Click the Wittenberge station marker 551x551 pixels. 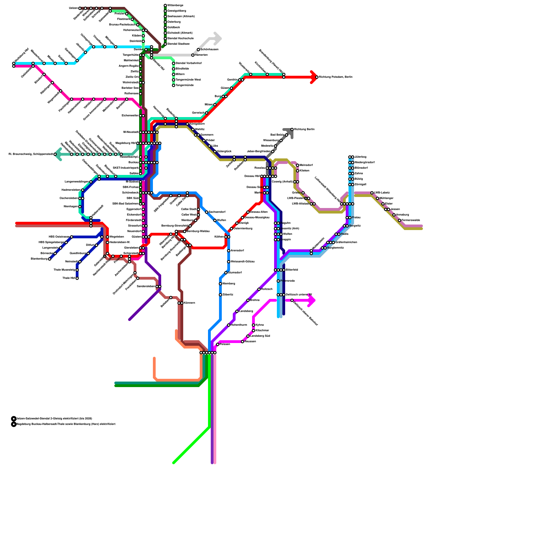tap(165, 6)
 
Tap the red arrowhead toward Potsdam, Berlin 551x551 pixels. tap(314, 77)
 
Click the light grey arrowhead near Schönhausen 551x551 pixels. tap(217, 38)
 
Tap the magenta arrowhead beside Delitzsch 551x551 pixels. tap(311, 301)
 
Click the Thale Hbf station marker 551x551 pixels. tap(77, 278)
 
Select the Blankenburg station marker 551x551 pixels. tap(50, 259)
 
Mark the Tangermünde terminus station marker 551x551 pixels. tap(174, 85)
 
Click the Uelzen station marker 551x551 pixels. tap(80, 8)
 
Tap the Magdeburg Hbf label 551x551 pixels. tap(125, 143)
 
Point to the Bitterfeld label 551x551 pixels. tap(292, 270)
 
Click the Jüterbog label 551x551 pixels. tap(361, 157)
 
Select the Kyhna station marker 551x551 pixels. tap(253, 325)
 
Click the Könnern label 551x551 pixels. tap(189, 303)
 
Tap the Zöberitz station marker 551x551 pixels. tap(220, 295)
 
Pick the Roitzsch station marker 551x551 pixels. tap(259, 289)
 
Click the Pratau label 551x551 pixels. tap(356, 218)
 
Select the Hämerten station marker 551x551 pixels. tap(193, 55)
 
